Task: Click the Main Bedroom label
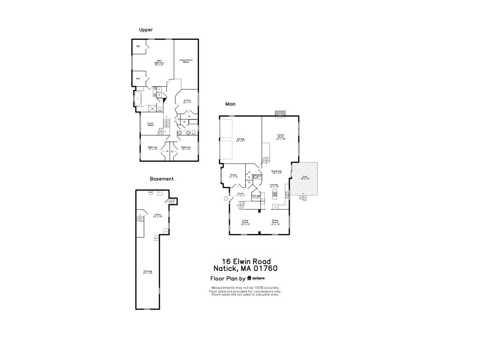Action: (x=159, y=63)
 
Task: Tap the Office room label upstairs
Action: (x=187, y=101)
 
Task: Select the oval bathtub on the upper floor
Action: (x=138, y=99)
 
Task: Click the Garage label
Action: (x=240, y=140)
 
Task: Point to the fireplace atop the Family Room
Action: (x=280, y=113)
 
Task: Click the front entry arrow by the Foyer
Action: (x=225, y=199)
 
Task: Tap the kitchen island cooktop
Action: (x=275, y=193)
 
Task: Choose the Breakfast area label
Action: (x=277, y=172)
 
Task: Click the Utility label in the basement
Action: (x=158, y=216)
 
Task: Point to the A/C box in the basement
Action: (x=157, y=238)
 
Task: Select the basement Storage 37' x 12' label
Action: (x=148, y=272)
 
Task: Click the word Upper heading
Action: (x=146, y=30)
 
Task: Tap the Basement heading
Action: (x=162, y=179)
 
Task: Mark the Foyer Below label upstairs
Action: (x=150, y=124)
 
